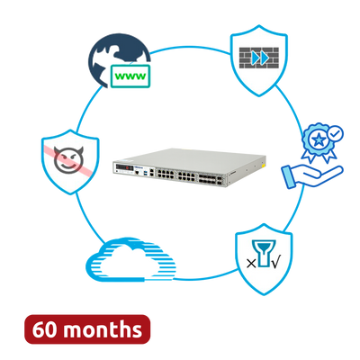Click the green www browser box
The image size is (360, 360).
[130, 76]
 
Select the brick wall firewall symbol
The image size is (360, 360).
[259, 58]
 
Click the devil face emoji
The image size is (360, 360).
[68, 159]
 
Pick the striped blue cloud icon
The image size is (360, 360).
[130, 260]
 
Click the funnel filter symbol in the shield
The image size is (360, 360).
[263, 253]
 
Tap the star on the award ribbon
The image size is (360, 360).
[318, 139]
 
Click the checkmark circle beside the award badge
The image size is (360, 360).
[335, 133]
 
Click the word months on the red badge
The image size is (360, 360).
[102, 329]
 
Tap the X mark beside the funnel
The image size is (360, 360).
[251, 264]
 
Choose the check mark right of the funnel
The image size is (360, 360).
[275, 263]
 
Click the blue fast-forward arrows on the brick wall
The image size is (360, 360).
[260, 58]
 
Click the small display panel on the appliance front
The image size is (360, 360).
[125, 167]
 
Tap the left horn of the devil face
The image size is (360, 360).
[57, 149]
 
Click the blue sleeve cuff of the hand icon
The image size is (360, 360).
[289, 177]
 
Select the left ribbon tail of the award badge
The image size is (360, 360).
[308, 155]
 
